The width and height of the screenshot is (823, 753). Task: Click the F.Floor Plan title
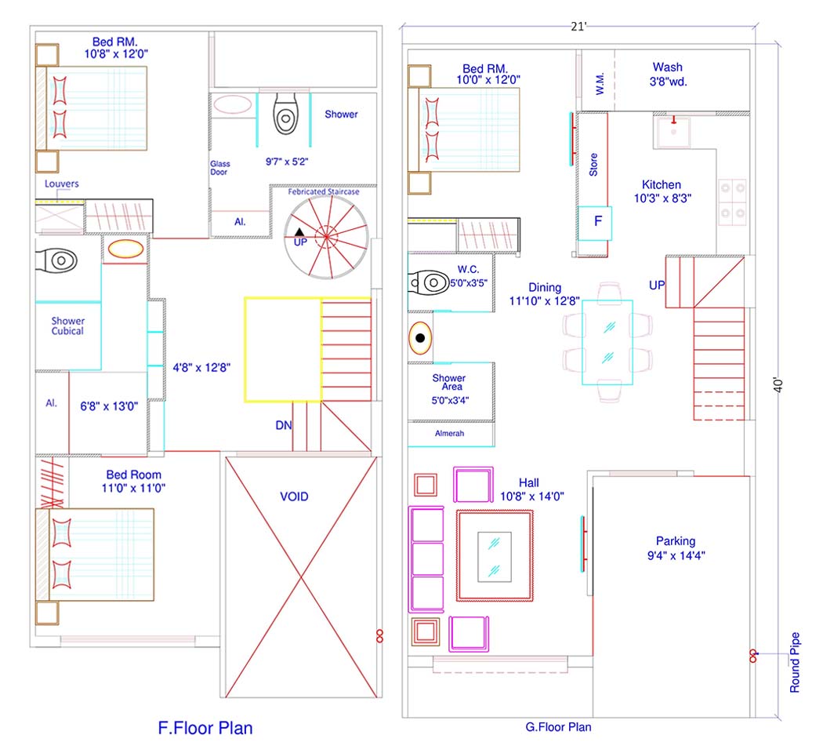[205, 728]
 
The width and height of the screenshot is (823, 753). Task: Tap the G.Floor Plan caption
[558, 727]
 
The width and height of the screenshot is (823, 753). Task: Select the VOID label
[294, 497]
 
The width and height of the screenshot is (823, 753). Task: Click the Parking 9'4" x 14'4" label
[676, 548]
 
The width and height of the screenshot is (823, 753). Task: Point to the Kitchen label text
[662, 185]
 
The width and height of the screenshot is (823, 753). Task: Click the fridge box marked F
[595, 224]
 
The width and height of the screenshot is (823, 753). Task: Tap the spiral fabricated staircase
[327, 238]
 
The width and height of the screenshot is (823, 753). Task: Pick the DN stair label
[284, 425]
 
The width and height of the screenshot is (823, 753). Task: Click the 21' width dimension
[578, 26]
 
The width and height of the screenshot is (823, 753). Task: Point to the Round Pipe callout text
[796, 662]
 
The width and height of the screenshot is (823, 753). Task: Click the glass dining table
[607, 342]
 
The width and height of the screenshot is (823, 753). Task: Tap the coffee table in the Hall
[495, 557]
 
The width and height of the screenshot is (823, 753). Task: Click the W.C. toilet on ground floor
[429, 283]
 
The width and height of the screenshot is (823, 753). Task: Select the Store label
[593, 165]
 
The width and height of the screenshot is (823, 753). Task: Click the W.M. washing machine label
[600, 83]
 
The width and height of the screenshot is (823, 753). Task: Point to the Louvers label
[61, 184]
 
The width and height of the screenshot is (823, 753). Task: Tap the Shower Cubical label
[67, 326]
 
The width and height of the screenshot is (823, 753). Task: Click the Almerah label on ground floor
[449, 433]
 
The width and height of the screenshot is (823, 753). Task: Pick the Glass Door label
[220, 168]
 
